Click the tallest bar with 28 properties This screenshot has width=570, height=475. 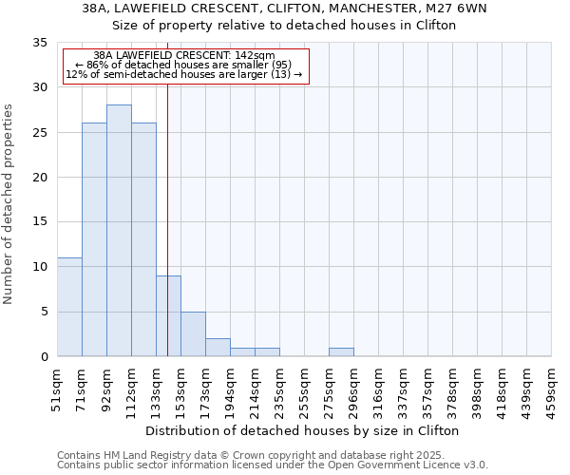[x=119, y=231]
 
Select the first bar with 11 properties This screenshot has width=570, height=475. [x=69, y=307]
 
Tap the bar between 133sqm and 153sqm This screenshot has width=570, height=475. [x=168, y=315]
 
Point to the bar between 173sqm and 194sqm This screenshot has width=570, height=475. [x=218, y=347]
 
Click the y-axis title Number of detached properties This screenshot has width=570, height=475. [x=9, y=204]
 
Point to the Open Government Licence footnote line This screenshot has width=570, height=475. [x=273, y=465]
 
